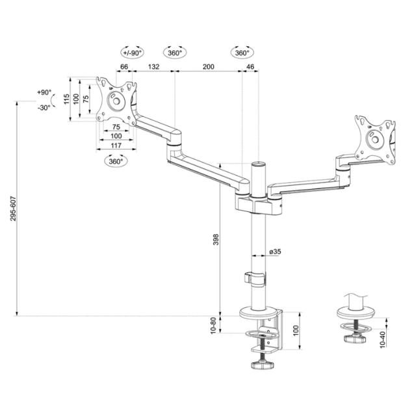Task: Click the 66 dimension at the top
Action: pos(123,66)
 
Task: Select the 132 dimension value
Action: pos(153,66)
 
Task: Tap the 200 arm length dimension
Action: pos(208,66)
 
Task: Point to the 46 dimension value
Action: pos(251,66)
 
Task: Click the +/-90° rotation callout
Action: pos(132,52)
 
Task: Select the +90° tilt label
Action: pos(44,92)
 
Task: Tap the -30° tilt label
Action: pos(44,108)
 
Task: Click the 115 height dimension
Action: pos(66,99)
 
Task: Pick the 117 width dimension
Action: pos(115,146)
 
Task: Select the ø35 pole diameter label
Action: pos(274,252)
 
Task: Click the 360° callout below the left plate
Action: pos(115,161)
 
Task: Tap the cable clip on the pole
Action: pos(255,278)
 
